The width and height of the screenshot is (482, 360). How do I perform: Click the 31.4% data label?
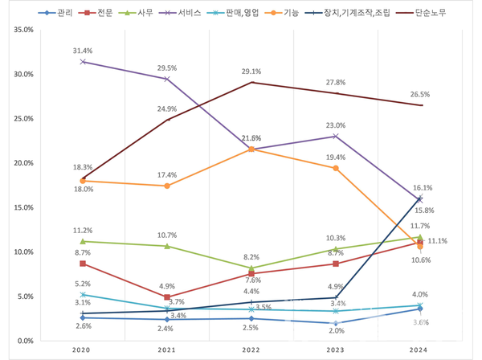click(83, 50)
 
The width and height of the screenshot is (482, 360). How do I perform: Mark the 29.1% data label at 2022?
click(252, 72)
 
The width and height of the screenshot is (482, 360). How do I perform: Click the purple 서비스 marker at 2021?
click(167, 79)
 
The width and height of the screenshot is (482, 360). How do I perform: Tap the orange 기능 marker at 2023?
click(337, 168)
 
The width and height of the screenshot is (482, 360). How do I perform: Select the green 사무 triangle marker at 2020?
click(83, 241)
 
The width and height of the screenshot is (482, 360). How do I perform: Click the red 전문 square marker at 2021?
click(167, 297)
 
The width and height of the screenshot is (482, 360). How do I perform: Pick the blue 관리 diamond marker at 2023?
click(337, 323)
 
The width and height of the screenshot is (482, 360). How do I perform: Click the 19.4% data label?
click(336, 157)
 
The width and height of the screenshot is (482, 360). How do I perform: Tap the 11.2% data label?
click(83, 230)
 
